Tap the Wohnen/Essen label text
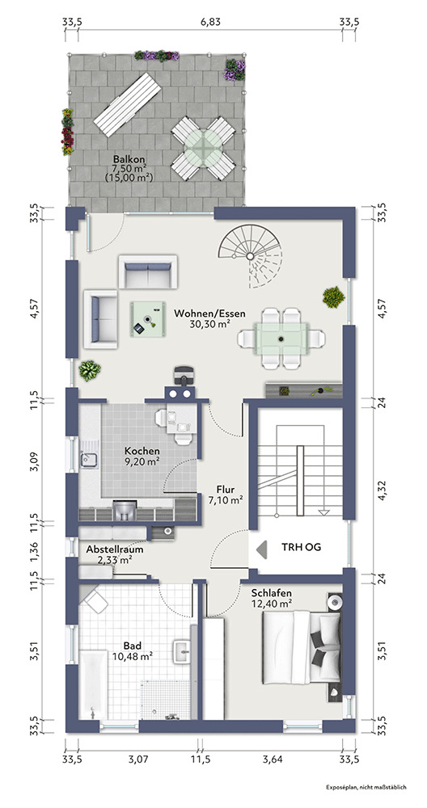tap(209, 313)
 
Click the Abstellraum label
tap(115, 549)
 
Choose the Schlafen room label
tap(272, 592)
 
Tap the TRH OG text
tap(301, 547)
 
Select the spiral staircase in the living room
tap(250, 256)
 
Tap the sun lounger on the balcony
tap(128, 104)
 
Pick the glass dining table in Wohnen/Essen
tap(281, 339)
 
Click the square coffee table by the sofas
tap(147, 319)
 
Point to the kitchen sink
tap(88, 457)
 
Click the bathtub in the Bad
tap(93, 684)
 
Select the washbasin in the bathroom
tap(183, 651)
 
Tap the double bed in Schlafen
tap(301, 644)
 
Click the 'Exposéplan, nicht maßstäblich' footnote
tap(366, 787)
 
